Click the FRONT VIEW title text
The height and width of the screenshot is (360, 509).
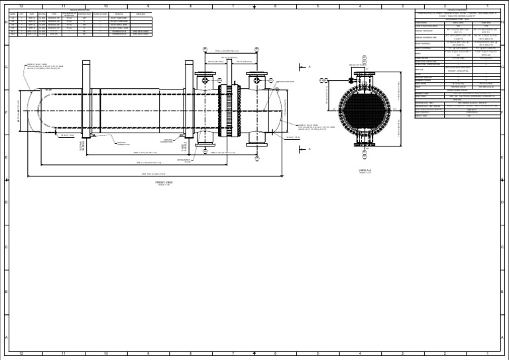click(164, 182)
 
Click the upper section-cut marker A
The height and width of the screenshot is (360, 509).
click(309, 66)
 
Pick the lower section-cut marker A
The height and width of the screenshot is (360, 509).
click(309, 149)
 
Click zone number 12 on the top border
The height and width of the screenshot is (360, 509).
click(21, 6)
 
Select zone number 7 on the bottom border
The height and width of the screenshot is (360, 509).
click(233, 354)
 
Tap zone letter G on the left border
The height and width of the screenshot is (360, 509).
click(5, 67)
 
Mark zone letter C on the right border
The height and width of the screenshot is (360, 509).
click(503, 247)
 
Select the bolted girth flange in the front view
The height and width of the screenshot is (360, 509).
click(233, 110)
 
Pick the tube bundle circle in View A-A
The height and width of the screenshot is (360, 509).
click(365, 109)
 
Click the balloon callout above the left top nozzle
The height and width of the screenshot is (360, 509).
click(205, 50)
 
